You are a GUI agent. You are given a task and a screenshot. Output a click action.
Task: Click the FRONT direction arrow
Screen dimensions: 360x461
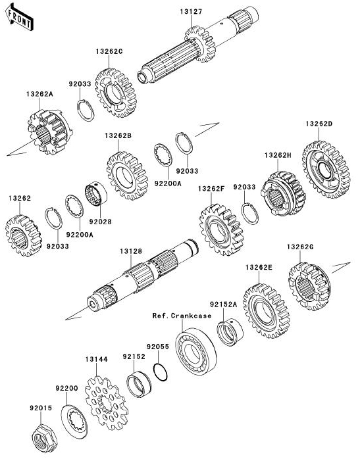(19, 17)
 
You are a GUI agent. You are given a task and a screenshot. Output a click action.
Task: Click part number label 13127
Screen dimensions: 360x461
(191, 11)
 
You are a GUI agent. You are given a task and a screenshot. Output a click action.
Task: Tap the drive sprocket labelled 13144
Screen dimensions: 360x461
(107, 403)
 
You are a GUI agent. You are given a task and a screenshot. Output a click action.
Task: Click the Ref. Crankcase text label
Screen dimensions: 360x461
(182, 316)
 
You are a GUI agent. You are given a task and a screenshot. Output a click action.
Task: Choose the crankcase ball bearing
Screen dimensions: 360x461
(195, 351)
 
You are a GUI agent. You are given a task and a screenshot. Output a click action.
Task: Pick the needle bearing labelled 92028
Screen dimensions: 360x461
(96, 193)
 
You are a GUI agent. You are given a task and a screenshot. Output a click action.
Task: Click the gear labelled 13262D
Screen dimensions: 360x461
(326, 169)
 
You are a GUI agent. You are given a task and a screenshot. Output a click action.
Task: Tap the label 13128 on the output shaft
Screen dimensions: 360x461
(131, 251)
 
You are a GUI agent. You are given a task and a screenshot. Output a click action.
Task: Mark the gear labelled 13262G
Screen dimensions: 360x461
(310, 286)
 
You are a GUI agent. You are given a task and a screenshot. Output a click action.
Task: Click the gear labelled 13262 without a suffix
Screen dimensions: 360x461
(23, 235)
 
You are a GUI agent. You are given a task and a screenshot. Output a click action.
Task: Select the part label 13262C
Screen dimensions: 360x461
(109, 51)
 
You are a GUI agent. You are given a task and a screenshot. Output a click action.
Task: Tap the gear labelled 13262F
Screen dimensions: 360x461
(222, 230)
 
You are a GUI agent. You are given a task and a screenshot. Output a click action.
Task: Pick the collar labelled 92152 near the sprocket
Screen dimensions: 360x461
(138, 384)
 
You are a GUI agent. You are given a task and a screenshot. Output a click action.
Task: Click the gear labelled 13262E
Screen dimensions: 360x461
(267, 311)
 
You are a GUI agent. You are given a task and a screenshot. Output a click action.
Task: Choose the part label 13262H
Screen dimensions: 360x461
(278, 155)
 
